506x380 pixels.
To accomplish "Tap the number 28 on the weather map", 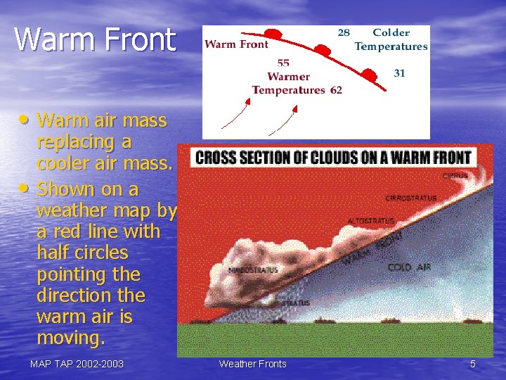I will click(344, 32).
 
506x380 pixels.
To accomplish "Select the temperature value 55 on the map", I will click(283, 63).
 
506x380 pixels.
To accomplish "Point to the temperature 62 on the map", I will click(336, 90).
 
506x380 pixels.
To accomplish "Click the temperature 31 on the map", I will click(399, 73).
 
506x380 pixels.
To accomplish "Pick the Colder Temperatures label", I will click(391, 39).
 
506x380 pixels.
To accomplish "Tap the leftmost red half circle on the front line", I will click(273, 34).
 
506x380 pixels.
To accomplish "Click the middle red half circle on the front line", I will click(323, 51).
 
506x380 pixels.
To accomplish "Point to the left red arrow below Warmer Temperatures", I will click(237, 114).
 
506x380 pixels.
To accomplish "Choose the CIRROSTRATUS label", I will click(411, 198).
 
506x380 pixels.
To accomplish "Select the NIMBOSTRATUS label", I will click(253, 270).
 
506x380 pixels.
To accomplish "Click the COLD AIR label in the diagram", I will click(409, 267).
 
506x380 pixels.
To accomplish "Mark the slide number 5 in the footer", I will click(472, 364).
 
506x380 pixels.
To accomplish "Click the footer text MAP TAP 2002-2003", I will click(77, 364).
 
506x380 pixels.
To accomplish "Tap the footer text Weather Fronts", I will click(252, 364).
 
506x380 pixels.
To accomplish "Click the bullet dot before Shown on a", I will click(27, 188).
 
